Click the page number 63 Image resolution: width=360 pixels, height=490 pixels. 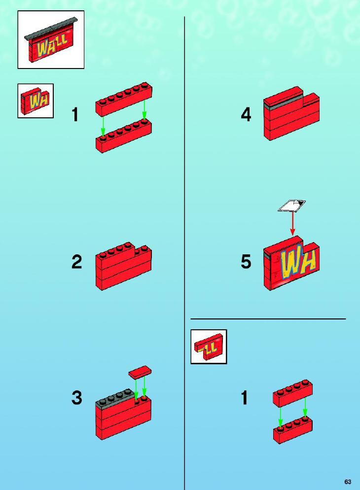pos(348,482)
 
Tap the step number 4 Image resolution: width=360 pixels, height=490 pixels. pos(246,115)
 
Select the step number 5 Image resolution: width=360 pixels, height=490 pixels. pos(246,261)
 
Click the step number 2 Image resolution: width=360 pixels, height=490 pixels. pos(76,262)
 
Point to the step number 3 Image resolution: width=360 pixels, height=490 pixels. pos(76,398)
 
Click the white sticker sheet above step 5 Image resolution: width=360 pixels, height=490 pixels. pos(291,205)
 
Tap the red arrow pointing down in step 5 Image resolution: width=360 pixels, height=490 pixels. pos(292,223)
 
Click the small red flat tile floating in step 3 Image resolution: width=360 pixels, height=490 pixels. pos(140,372)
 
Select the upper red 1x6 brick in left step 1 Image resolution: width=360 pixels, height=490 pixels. pos(124,99)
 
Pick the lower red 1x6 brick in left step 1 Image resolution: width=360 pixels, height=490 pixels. pos(124,136)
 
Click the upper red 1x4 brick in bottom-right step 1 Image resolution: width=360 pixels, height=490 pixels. pos(292,393)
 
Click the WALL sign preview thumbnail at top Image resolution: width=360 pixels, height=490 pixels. pos(51,40)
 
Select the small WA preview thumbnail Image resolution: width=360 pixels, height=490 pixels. pos(36,101)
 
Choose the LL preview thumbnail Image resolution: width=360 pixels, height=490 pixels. pos(209,347)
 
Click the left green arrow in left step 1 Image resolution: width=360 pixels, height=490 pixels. pos(103,127)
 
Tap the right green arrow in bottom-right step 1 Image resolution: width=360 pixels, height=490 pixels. pos(305,409)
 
